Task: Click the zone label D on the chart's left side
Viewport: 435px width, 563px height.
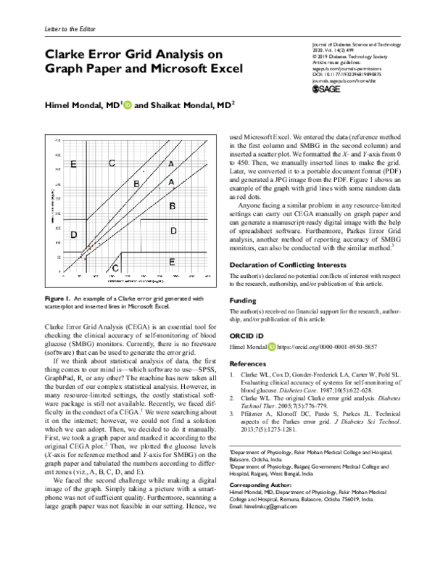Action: pyautogui.click(x=75, y=235)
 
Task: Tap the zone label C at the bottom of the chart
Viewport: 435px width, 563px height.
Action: pyautogui.click(x=117, y=268)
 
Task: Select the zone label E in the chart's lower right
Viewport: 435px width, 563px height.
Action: pyautogui.click(x=171, y=260)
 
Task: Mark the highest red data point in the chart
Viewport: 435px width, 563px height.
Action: pyautogui.click(x=144, y=170)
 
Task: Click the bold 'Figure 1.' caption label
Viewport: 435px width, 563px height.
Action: pyautogui.click(x=57, y=299)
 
